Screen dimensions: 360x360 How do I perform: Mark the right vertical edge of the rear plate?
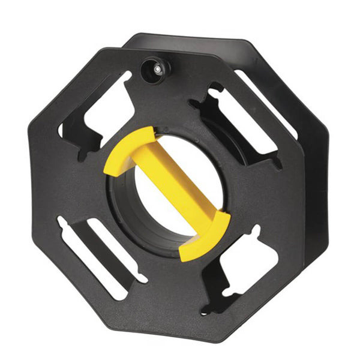(328, 180)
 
